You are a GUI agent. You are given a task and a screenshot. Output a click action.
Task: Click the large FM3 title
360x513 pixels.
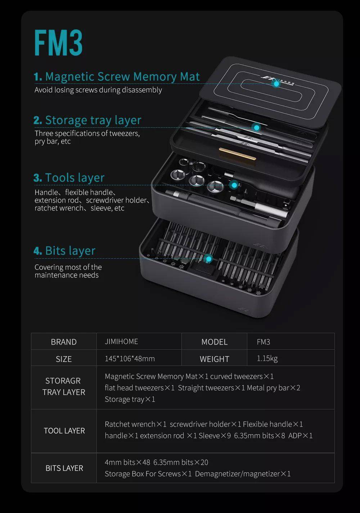click(58, 43)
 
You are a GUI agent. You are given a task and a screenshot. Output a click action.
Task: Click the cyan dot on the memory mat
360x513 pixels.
click(276, 83)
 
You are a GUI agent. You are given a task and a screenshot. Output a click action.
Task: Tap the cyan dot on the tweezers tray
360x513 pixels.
click(256, 127)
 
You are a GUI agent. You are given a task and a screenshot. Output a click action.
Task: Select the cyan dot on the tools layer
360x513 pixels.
click(234, 185)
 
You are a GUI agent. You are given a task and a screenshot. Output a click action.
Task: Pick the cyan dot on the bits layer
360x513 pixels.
click(208, 258)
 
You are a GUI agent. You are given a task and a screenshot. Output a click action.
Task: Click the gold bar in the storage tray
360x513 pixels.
click(237, 153)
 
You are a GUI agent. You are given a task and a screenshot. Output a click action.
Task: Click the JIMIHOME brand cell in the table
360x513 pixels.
click(121, 341)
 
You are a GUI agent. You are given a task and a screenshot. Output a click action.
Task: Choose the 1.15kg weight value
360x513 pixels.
click(267, 358)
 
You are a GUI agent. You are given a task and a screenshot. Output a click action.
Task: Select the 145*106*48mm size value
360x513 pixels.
click(130, 359)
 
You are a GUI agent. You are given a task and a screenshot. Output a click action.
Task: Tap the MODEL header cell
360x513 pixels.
click(214, 342)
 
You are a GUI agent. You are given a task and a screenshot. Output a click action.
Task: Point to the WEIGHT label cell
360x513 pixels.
click(214, 359)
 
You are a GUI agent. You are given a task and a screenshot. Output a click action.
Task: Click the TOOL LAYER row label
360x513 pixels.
click(64, 431)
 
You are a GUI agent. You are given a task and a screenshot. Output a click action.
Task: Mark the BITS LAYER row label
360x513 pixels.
click(64, 468)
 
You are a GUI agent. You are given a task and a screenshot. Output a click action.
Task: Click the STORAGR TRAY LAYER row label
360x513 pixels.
click(64, 386)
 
